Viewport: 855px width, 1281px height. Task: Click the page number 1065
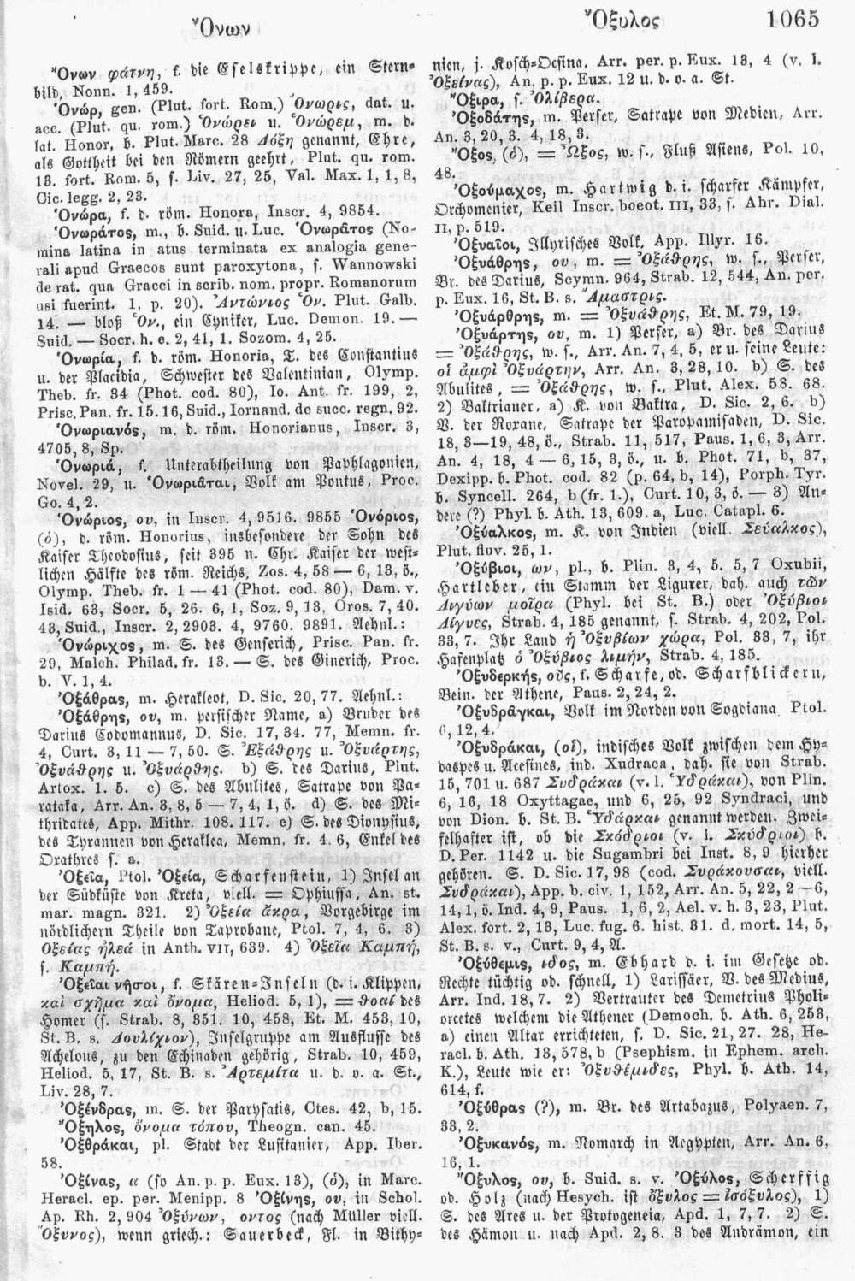click(793, 18)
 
